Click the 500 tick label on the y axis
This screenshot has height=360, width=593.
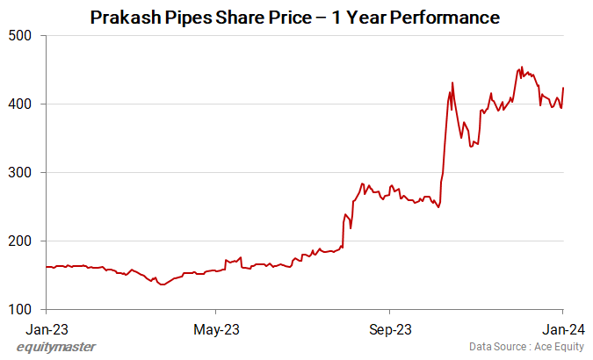(x=20, y=35)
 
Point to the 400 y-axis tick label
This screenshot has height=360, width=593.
(x=20, y=104)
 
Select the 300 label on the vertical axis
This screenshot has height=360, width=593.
(x=20, y=172)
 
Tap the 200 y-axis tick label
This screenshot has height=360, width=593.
(x=20, y=241)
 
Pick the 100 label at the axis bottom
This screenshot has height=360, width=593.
(x=20, y=309)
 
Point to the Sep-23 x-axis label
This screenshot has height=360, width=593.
(x=389, y=331)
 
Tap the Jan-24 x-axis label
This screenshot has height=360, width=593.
(x=562, y=331)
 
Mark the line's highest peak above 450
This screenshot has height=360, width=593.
(x=523, y=67)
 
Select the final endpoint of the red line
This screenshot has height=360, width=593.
(x=562, y=88)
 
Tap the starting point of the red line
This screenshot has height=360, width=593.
(x=46, y=267)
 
